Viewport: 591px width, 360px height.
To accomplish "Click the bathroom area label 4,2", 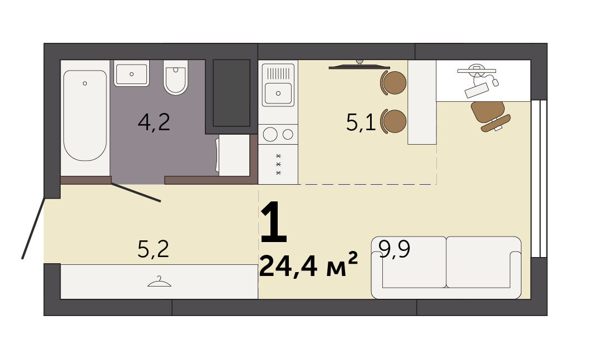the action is tap(154, 122).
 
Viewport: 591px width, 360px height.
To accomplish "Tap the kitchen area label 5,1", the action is tap(361, 122).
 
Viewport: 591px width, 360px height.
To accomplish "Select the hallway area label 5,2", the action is tap(154, 249).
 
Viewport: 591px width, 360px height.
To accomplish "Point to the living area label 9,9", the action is tap(394, 249).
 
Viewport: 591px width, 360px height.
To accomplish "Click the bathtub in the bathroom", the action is tap(85, 115).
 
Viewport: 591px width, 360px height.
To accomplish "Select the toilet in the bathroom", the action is tap(176, 77).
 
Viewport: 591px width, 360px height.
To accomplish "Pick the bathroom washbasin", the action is tap(131, 73).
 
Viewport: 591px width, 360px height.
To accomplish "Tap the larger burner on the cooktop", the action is tap(270, 134).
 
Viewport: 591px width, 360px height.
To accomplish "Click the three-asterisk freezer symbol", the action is tap(279, 164).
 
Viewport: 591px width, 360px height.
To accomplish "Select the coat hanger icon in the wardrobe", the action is tap(159, 282).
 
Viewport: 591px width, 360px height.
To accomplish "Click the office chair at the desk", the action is tap(490, 115).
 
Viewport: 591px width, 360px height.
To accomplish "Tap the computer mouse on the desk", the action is tap(495, 81).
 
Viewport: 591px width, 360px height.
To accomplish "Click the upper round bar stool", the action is tap(393, 82).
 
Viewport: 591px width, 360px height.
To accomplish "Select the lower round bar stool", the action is tap(393, 121).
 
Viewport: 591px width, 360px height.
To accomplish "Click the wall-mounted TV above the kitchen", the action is tap(359, 66).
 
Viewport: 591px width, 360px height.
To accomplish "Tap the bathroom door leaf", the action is tap(136, 193).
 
